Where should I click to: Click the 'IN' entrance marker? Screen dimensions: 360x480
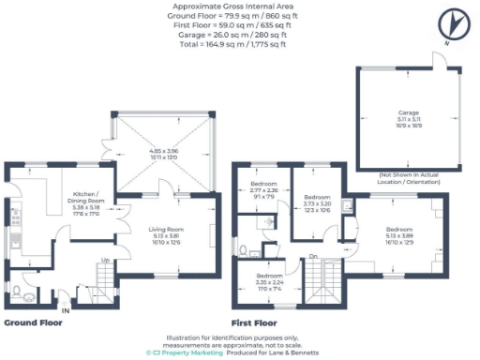point(65,309)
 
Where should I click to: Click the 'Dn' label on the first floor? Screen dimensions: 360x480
point(312,257)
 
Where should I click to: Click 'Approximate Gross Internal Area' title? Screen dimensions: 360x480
point(240,6)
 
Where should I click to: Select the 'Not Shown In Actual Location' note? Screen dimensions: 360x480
point(409,177)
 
